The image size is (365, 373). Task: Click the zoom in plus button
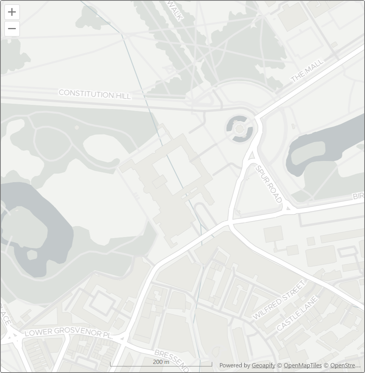pyautogui.click(x=12, y=12)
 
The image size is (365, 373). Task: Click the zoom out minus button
pyautogui.click(x=12, y=29)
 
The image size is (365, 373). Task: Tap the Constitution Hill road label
pyautogui.click(x=95, y=94)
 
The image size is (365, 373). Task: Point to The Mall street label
pyautogui.click(x=308, y=71)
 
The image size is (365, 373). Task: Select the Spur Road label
pyautogui.click(x=269, y=184)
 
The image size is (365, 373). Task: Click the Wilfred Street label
pyautogui.click(x=279, y=299)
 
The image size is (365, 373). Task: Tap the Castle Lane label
pyautogui.click(x=297, y=313)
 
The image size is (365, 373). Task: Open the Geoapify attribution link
pyautogui.click(x=263, y=365)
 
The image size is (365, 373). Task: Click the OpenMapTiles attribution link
pyautogui.click(x=303, y=365)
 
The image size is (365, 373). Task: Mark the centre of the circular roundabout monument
pyautogui.click(x=239, y=129)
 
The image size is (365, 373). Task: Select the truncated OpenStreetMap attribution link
pyautogui.click(x=345, y=365)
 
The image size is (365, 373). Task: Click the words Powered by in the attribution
pyautogui.click(x=235, y=365)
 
